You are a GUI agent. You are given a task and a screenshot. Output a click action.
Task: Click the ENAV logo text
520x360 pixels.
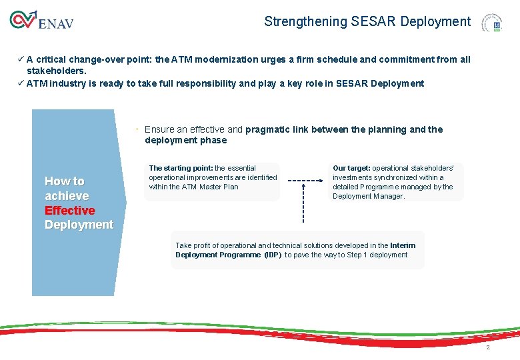click(x=56, y=24)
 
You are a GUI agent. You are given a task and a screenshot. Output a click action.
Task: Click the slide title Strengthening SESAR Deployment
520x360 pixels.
click(x=367, y=21)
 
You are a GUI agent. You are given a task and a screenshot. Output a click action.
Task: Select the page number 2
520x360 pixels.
click(x=488, y=347)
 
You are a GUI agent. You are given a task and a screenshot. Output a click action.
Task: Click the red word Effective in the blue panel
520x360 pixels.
click(x=69, y=211)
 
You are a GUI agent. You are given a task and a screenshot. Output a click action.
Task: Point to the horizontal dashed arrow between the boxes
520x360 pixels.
click(x=303, y=180)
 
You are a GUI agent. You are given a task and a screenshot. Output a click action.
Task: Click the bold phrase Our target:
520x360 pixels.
click(x=351, y=168)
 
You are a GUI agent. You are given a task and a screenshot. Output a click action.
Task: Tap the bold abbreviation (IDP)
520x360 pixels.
click(x=273, y=255)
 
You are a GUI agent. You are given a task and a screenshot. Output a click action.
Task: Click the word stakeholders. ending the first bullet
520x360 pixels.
click(x=57, y=70)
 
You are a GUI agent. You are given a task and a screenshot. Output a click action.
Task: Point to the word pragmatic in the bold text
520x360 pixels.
click(x=267, y=129)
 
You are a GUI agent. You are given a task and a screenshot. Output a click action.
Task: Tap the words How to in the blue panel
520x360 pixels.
click(x=65, y=181)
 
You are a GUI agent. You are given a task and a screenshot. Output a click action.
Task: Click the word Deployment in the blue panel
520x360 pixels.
click(x=79, y=225)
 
